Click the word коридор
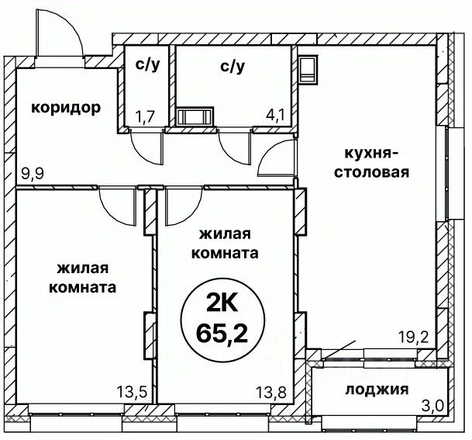click(x=66, y=108)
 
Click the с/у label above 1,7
click(x=147, y=65)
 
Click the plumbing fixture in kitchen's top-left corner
click(x=308, y=68)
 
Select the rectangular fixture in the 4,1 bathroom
click(x=193, y=117)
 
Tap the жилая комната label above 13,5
click(x=82, y=277)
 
